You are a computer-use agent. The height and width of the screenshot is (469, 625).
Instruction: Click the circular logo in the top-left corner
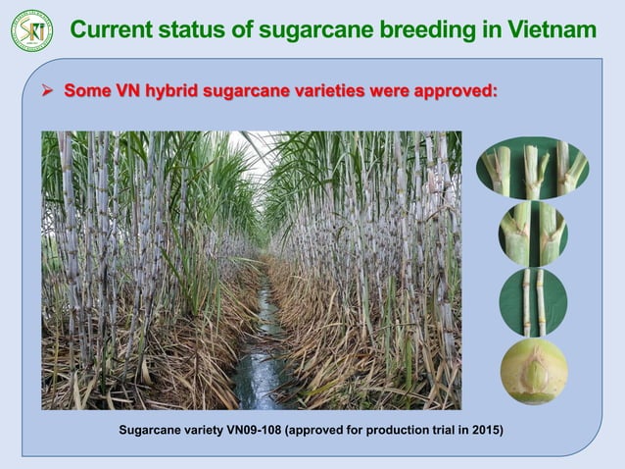coord(31,30)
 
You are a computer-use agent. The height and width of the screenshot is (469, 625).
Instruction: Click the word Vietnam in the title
coord(550,30)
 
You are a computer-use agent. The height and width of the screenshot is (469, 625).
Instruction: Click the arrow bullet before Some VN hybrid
coord(48,92)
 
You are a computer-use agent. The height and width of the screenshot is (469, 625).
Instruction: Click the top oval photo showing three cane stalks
coord(532,168)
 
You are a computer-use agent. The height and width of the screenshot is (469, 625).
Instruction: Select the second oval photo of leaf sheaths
coord(532,234)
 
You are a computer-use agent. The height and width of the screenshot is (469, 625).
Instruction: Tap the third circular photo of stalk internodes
coord(533,302)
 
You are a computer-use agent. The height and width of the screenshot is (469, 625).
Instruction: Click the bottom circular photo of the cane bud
coord(533,372)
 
